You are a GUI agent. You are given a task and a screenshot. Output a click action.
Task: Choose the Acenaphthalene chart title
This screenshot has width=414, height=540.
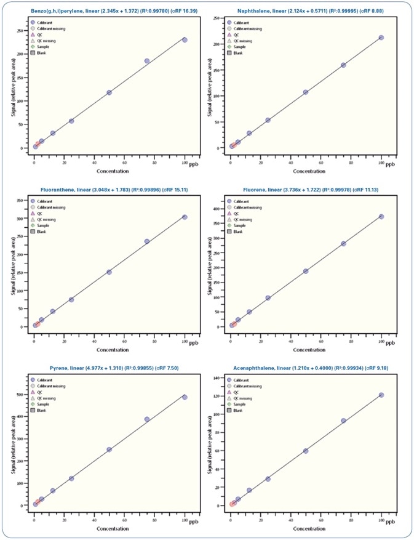tap(305, 368)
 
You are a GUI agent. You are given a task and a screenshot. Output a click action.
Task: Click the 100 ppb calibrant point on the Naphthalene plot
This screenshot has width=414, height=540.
tap(381, 38)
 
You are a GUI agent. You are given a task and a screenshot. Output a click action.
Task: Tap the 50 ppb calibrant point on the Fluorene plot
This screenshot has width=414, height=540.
tap(306, 271)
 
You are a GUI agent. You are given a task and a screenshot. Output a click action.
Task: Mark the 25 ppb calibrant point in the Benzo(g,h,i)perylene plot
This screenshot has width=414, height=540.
tap(71, 121)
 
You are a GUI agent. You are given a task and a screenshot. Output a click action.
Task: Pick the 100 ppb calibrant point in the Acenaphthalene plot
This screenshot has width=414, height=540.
tap(381, 395)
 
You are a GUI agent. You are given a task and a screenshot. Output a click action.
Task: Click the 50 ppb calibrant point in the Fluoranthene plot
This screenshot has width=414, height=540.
tap(109, 272)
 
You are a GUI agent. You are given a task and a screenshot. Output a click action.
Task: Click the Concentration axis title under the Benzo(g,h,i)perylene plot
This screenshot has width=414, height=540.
tap(109, 171)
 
